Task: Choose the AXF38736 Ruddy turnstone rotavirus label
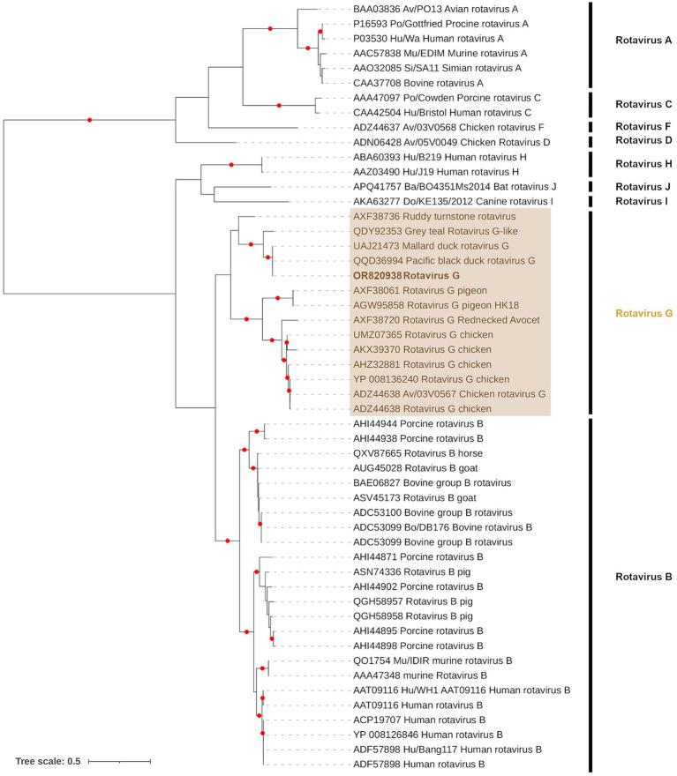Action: pos(428,216)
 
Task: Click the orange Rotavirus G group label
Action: pos(643,314)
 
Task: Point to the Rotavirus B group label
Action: pos(643,578)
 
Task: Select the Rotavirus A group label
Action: pos(643,41)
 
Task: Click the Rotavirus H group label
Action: pos(643,163)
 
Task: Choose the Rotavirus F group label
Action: pos(643,127)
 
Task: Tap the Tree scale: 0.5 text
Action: pos(49,760)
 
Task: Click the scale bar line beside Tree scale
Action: pos(120,760)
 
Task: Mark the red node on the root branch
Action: pos(89,120)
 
